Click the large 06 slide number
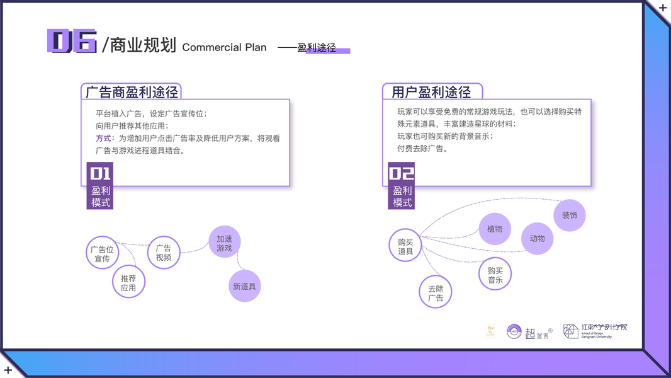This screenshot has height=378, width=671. tap(72, 41)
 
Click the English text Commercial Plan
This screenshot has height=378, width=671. tap(224, 47)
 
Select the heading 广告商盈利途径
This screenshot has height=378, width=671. tap(132, 92)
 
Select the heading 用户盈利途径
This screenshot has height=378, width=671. tap(431, 92)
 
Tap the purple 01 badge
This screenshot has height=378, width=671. tap(100, 173)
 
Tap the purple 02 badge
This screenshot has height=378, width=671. tap(402, 173)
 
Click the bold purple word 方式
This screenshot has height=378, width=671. tap(103, 138)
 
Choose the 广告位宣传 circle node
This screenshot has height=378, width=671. tap(102, 253)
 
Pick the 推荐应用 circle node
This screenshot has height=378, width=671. tap(128, 282)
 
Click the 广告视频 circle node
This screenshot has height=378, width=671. tap(164, 253)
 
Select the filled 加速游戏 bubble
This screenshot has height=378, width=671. tap(225, 243)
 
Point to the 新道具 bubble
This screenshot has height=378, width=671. tap(244, 286)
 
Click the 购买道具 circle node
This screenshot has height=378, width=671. tap(405, 246)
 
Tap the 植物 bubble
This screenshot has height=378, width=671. tap(495, 229)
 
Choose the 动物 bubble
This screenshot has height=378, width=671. tap(538, 238)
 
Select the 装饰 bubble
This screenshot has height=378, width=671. tap(570, 215)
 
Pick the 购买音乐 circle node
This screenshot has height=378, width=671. tap(495, 275)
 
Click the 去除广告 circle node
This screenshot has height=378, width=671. tap(436, 293)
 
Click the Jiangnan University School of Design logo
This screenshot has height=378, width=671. tap(595, 331)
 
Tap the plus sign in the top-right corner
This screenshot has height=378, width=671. tap(663, 8)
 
